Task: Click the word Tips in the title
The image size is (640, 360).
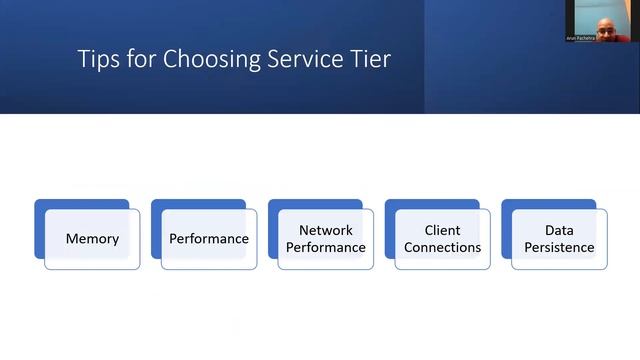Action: tap(98, 59)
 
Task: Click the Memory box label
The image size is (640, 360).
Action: tap(92, 239)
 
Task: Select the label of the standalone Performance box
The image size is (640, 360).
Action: tap(209, 239)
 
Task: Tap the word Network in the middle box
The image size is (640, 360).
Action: tap(326, 230)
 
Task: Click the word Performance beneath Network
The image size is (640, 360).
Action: tap(326, 247)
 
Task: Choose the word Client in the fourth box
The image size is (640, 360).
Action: tap(442, 230)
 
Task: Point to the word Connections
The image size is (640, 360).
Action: tap(442, 247)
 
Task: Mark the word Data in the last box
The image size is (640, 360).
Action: tap(559, 230)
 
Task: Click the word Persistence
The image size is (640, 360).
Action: tap(559, 247)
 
